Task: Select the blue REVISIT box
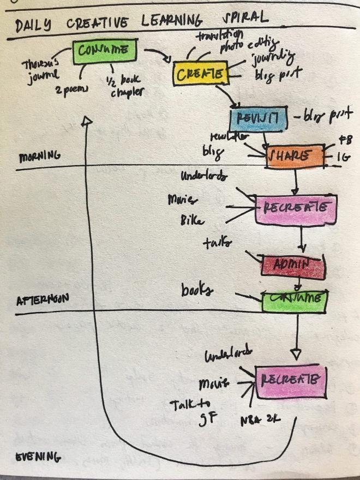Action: click(258, 117)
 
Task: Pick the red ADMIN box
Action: click(292, 265)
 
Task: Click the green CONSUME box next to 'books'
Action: click(294, 299)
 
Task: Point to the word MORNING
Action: click(39, 157)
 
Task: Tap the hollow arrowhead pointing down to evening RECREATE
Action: click(296, 354)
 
